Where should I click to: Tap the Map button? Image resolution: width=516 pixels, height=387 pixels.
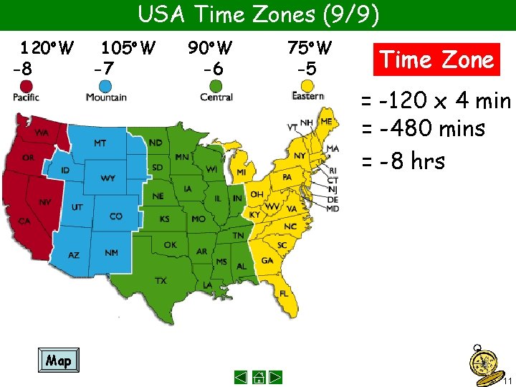[58, 360]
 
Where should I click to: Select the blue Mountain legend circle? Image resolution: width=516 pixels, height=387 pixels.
[105, 86]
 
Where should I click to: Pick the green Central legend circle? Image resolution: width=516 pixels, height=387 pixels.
[216, 86]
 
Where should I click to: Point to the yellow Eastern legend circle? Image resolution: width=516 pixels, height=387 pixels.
[307, 85]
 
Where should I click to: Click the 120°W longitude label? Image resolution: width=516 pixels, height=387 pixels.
[47, 49]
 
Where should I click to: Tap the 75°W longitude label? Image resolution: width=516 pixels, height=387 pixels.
[310, 49]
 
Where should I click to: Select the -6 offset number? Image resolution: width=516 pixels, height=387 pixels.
[213, 70]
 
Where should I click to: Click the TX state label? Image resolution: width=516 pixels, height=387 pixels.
[161, 280]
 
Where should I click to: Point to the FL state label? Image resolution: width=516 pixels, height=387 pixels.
[285, 293]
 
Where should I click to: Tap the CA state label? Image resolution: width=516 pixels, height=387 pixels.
[24, 221]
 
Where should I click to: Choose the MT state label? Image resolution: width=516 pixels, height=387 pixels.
[100, 143]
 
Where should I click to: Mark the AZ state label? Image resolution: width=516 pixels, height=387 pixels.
[74, 254]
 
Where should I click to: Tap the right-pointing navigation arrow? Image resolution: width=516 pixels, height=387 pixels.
[277, 377]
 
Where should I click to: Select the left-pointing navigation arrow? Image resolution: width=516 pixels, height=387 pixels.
[242, 377]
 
